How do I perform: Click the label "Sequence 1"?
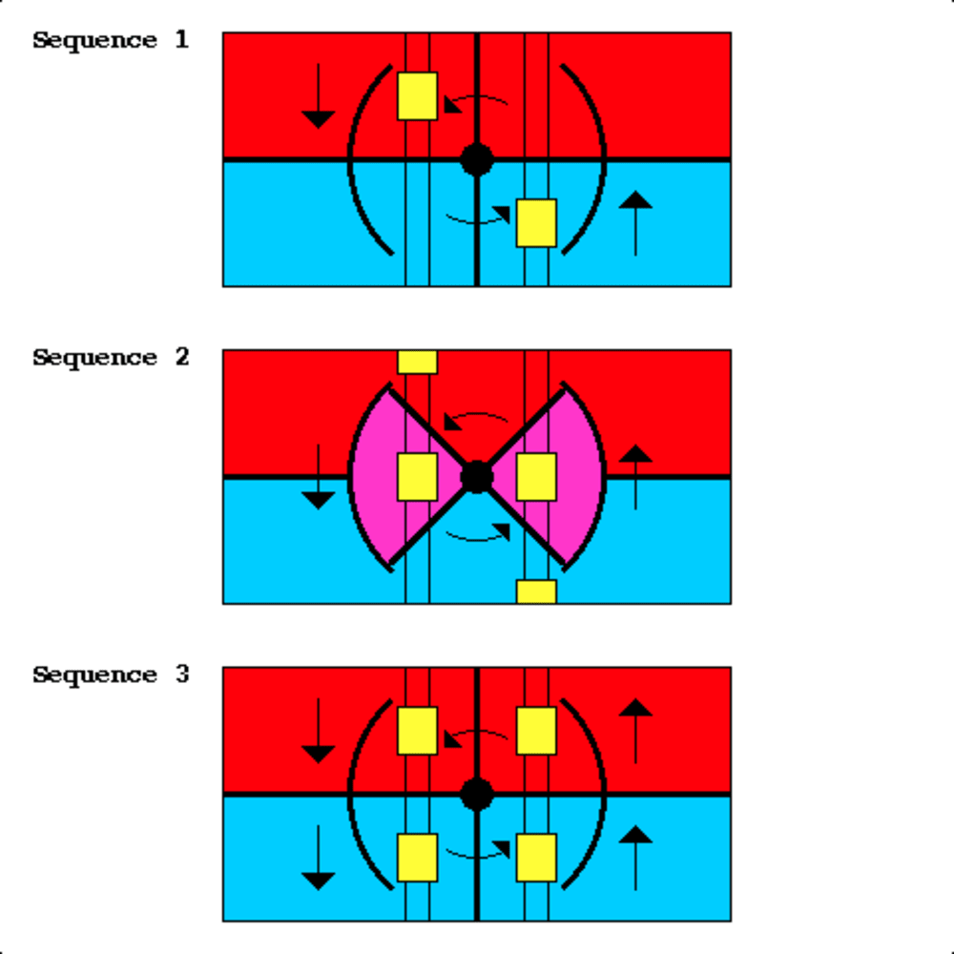coord(111,40)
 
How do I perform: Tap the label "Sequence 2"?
coord(111,358)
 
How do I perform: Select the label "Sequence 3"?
coord(111,675)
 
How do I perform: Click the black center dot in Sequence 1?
coord(477,159)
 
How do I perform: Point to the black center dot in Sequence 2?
coord(477,476)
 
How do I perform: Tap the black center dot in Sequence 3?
coord(477,794)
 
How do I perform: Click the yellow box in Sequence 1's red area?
coord(417,95)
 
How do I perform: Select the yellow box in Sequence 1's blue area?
coord(536,222)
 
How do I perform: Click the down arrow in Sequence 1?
coord(319,96)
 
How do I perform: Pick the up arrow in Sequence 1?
coord(635,223)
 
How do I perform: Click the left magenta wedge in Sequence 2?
coord(377,477)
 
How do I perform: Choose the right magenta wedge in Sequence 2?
coord(578,477)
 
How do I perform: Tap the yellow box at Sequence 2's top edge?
coord(417,363)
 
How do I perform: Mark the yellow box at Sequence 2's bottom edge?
coord(536,591)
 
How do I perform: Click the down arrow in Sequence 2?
coord(319,477)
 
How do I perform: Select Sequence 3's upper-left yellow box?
coord(417,731)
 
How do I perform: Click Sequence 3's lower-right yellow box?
coord(536,858)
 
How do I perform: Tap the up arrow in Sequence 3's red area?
coord(635,731)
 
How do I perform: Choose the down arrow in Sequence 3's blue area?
coord(319,858)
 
